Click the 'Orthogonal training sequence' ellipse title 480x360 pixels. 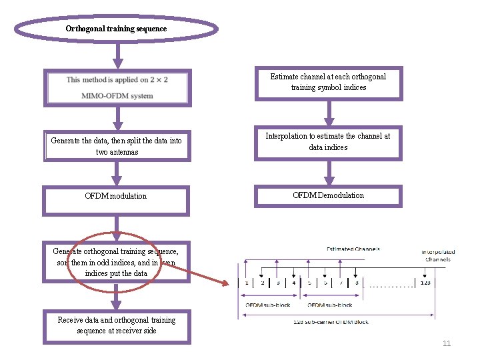[117, 29]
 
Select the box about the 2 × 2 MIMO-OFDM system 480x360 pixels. [117, 87]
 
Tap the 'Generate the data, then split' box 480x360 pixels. [117, 146]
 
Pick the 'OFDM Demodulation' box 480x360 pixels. [329, 195]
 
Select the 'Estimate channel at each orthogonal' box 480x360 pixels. [329, 83]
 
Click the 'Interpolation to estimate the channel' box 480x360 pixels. [329, 142]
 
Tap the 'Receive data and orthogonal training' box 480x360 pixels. [117, 326]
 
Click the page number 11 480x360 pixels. [447, 344]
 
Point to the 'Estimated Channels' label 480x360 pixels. [353, 249]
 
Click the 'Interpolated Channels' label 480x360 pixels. [438, 255]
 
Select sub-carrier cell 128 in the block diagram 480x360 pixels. [425, 283]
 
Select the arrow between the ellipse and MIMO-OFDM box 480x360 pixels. [117, 55]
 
